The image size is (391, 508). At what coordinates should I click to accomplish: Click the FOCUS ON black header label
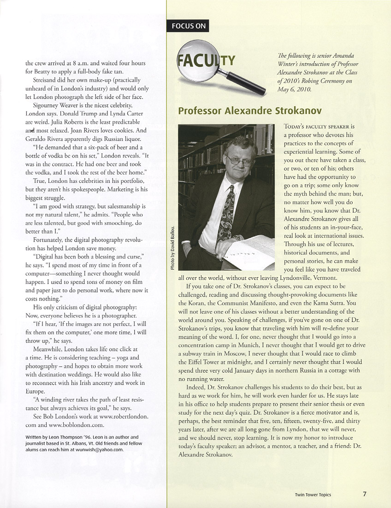[189, 26]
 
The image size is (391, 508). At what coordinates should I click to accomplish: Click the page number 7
[364, 494]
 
